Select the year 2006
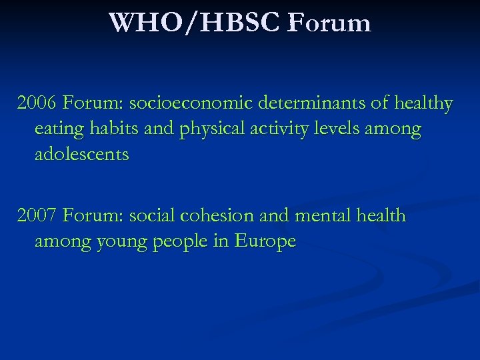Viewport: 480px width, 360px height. (37, 104)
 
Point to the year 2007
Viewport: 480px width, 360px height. (37, 216)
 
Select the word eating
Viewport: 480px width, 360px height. (59, 129)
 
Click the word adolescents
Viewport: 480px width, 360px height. (81, 155)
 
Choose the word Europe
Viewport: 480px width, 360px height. (265, 241)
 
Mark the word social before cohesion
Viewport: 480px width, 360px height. (151, 216)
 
